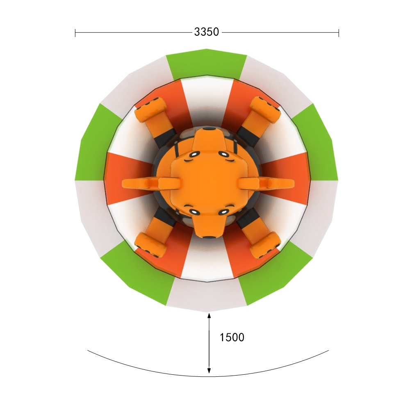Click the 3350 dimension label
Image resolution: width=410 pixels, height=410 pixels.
point(206,32)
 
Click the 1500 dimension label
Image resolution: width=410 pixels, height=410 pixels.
point(232,337)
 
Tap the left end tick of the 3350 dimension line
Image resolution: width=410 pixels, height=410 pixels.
point(75,33)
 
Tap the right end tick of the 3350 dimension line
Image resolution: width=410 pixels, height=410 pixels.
point(339,33)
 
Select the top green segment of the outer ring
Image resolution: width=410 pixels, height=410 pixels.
point(207,64)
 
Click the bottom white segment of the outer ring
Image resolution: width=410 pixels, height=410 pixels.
point(207,296)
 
